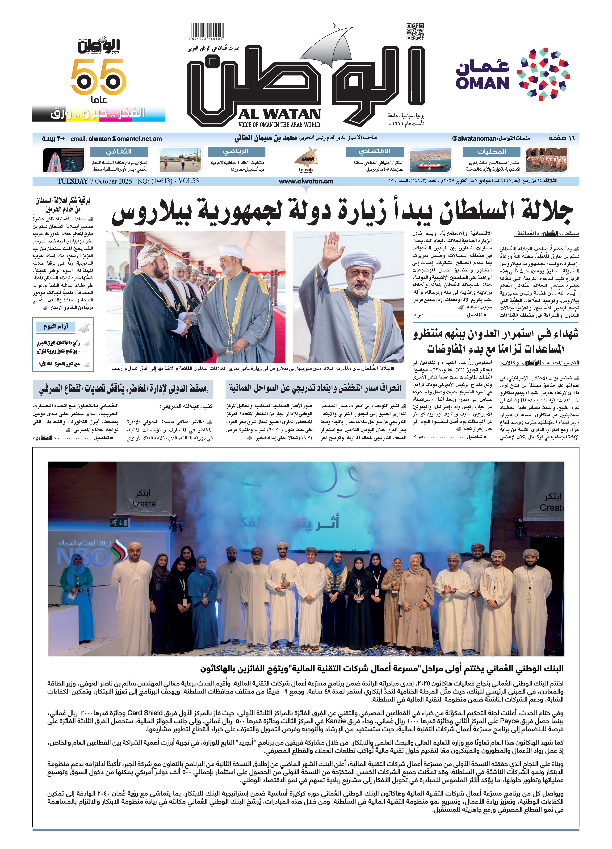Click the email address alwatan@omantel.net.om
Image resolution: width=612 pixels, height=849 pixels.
125,139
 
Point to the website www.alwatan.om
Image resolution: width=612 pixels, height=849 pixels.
306,181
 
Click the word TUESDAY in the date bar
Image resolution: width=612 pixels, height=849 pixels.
72,181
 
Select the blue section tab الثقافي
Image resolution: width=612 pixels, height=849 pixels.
118,152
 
